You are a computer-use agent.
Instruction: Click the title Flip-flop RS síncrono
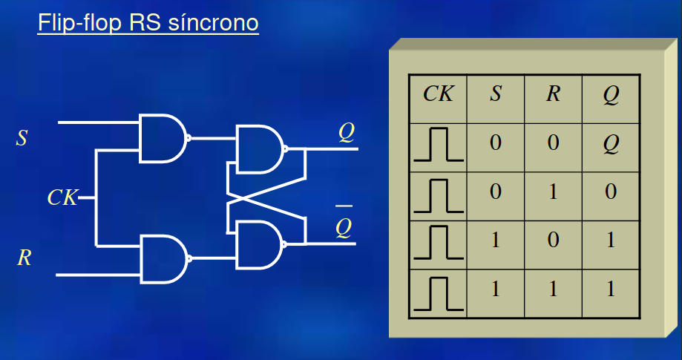click(148, 23)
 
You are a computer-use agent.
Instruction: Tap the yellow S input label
click(22, 138)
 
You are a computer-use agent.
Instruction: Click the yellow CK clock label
click(62, 197)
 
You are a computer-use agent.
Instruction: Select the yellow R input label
click(23, 258)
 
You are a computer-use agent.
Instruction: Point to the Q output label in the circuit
click(346, 132)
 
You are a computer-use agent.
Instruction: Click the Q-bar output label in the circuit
click(343, 226)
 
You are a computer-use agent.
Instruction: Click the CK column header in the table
click(438, 95)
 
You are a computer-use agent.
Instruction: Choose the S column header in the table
click(495, 95)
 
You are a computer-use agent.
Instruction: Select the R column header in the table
click(553, 95)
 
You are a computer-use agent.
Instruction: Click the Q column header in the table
click(611, 95)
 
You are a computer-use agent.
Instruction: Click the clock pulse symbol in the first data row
click(438, 144)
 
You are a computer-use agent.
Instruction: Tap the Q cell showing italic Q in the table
click(611, 143)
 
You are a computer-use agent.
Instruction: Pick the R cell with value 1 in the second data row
click(553, 192)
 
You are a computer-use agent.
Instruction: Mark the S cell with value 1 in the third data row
click(495, 240)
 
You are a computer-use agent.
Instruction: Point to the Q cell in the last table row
click(611, 289)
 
